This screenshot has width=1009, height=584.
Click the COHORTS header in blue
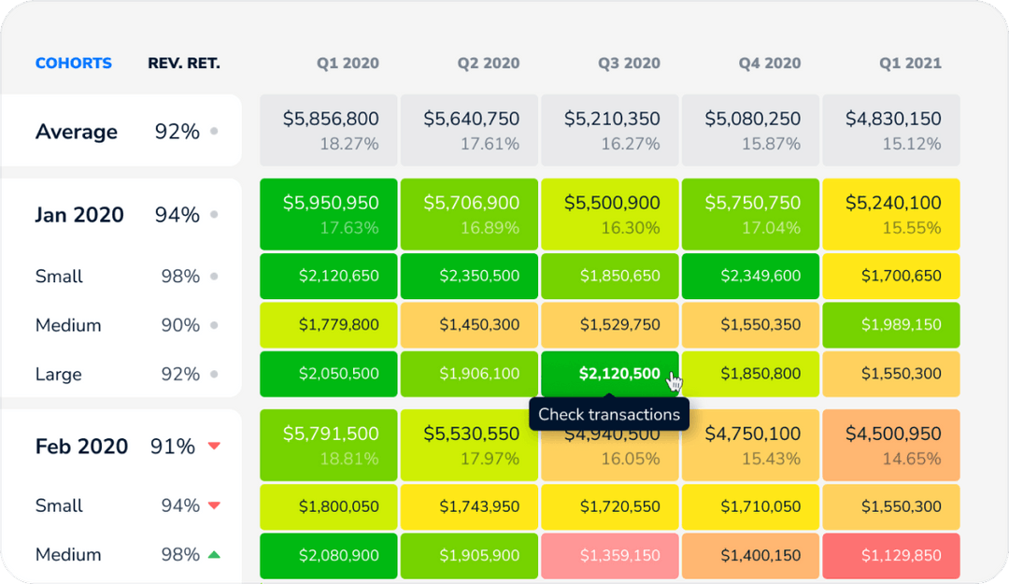click(73, 64)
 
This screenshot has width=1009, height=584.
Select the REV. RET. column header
click(184, 64)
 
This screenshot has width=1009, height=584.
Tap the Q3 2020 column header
click(629, 64)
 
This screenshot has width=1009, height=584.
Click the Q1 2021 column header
click(910, 64)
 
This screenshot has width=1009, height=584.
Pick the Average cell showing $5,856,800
click(330, 130)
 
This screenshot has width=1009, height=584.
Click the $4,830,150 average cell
click(892, 130)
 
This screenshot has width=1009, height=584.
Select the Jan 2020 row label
click(79, 215)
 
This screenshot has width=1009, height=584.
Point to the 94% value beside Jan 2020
click(177, 215)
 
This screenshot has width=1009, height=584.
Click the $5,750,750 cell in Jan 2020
click(751, 214)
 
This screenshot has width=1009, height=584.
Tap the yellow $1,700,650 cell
click(892, 277)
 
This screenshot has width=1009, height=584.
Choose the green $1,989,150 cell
click(892, 325)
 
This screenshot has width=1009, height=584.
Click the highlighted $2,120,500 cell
click(611, 374)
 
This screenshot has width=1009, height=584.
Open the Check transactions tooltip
click(609, 414)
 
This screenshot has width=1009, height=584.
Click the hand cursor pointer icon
click(675, 381)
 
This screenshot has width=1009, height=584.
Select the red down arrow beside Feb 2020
click(214, 447)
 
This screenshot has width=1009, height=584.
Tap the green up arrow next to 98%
click(214, 555)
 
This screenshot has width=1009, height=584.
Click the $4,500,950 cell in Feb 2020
click(892, 445)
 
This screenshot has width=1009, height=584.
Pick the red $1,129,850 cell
click(892, 555)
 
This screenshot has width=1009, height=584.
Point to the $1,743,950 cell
click(470, 506)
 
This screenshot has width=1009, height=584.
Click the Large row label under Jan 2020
click(58, 374)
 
